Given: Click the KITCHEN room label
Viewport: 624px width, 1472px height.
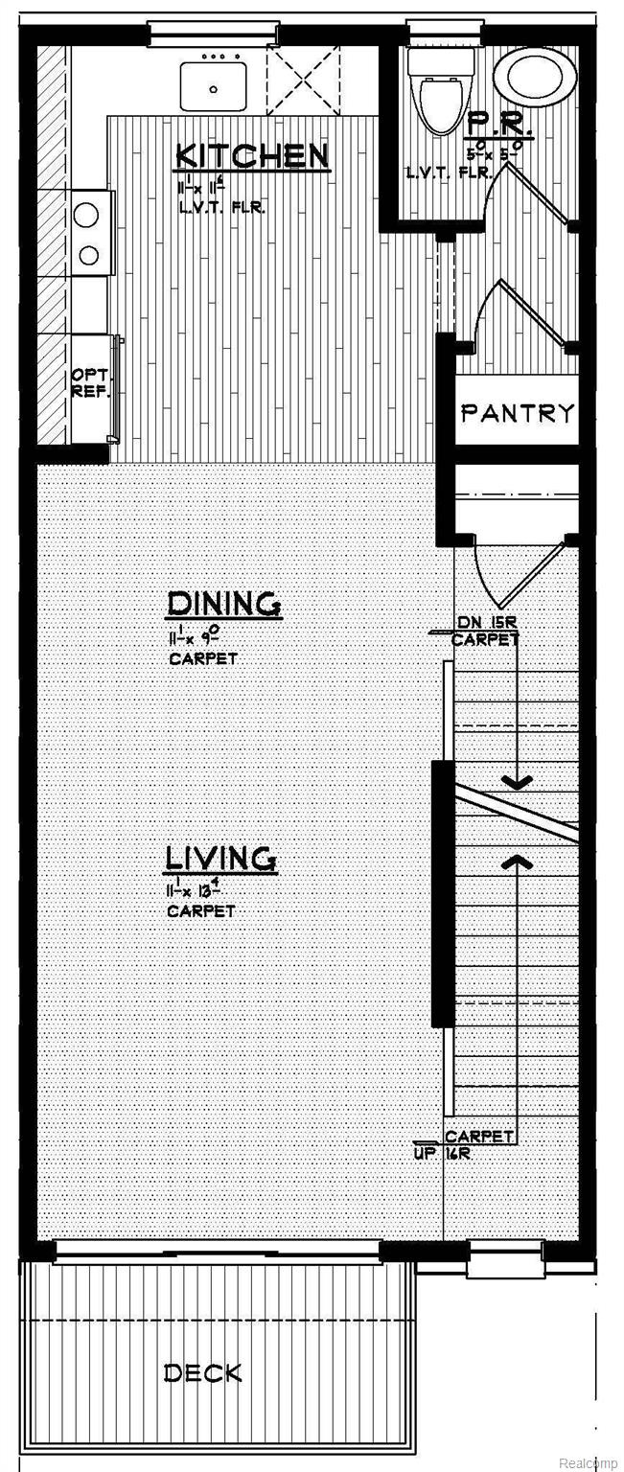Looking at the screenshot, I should click(252, 156).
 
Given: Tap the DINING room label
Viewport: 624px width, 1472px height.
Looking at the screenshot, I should click(223, 604).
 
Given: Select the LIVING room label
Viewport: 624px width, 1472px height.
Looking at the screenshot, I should click(221, 858).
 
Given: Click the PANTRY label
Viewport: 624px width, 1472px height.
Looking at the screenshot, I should click(518, 413).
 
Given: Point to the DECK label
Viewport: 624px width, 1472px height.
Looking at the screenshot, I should click(202, 1373).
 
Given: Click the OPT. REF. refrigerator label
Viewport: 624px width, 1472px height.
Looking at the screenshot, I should click(91, 383).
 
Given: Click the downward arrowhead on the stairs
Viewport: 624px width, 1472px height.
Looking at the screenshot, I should click(518, 783).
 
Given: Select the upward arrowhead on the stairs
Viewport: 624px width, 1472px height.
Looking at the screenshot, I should click(518, 862).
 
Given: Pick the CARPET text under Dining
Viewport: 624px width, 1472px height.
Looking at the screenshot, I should click(201, 659).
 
